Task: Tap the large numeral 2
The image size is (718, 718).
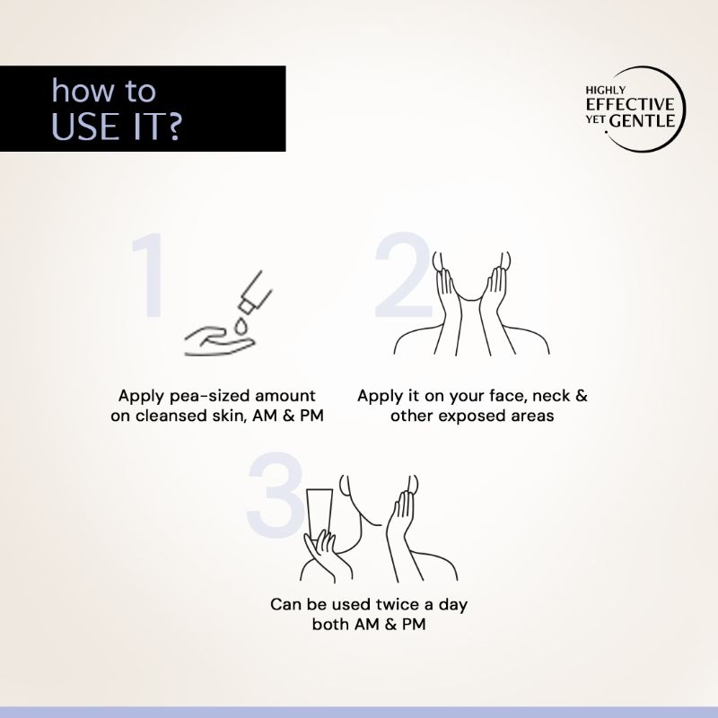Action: [403, 275]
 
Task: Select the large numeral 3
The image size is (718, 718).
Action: [276, 495]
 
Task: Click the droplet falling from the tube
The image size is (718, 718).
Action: [241, 326]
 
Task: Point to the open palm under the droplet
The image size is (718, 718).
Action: [219, 341]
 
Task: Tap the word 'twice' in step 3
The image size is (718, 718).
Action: [395, 604]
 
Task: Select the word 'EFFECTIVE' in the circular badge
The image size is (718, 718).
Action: [630, 104]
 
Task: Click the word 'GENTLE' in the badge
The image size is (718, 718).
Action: [643, 121]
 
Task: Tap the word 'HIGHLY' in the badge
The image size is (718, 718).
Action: [605, 91]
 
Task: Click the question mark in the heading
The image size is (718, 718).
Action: [172, 126]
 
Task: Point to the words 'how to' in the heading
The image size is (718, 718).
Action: [103, 91]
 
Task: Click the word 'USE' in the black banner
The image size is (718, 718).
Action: [87, 126]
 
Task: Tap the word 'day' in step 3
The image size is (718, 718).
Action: [453, 605]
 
